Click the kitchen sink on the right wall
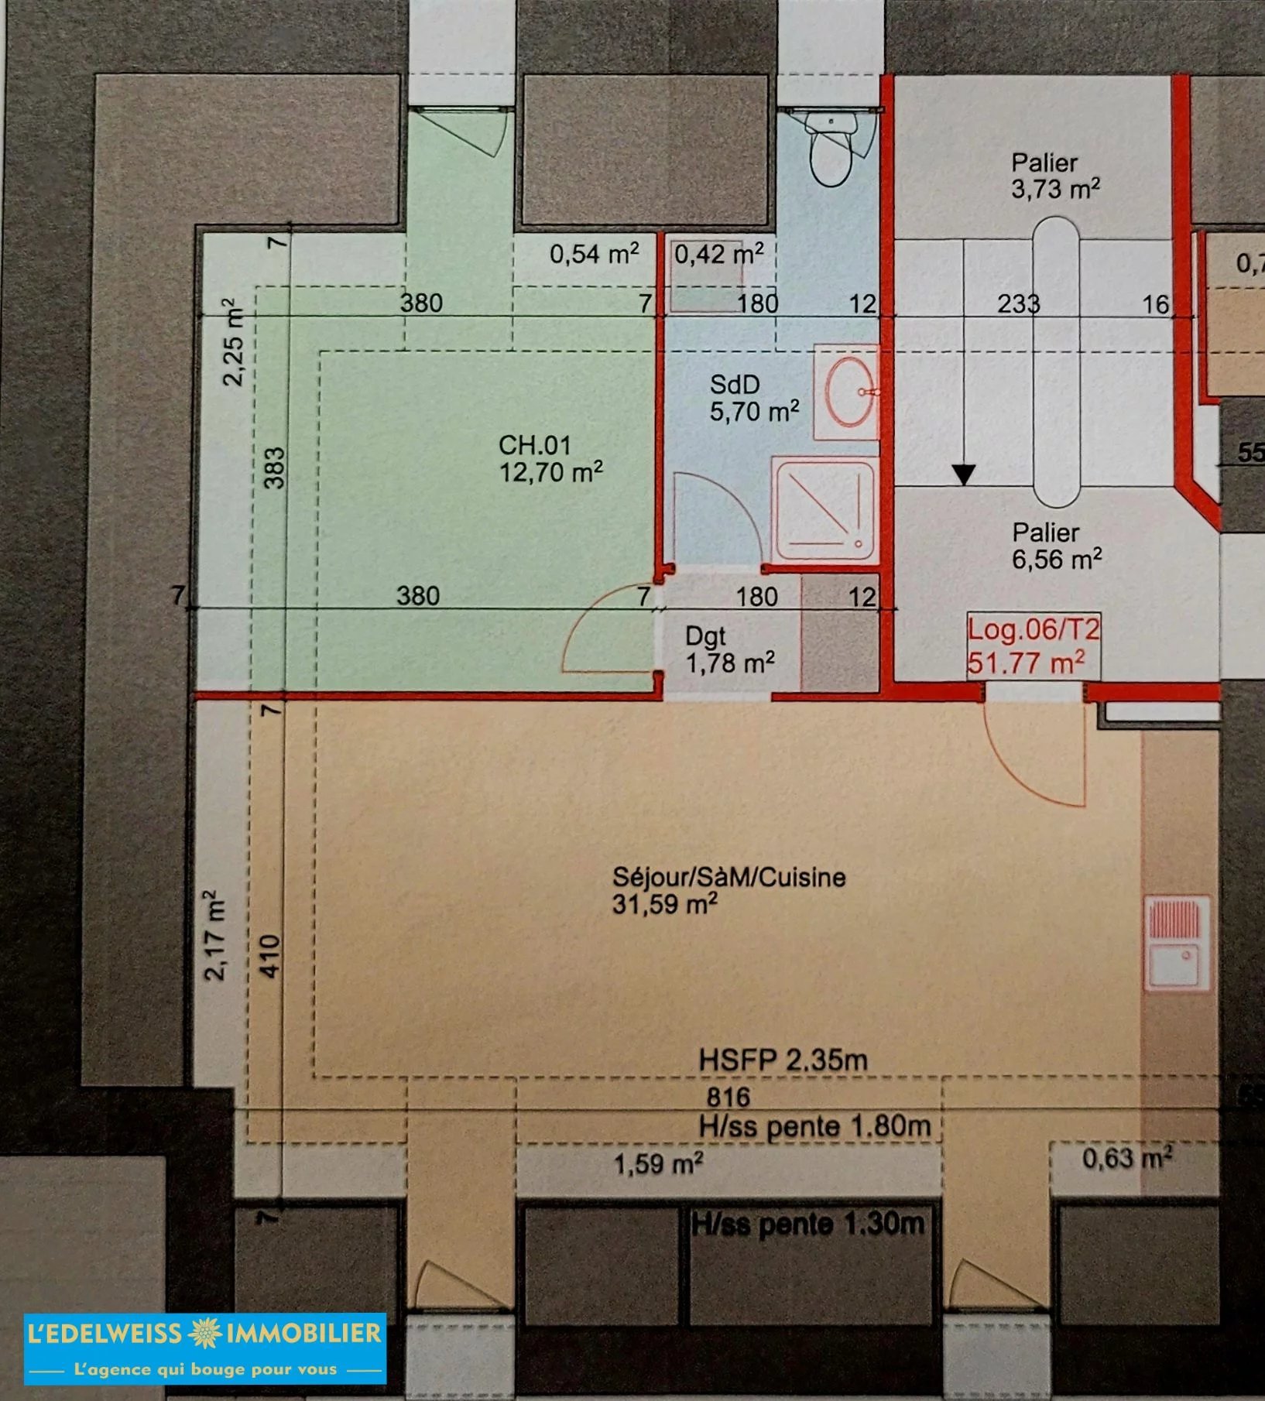[x=1177, y=944]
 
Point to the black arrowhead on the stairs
[x=964, y=474]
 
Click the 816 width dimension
[x=728, y=1097]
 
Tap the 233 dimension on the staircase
[x=1018, y=303]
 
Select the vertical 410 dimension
[x=269, y=956]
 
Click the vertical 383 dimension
[x=275, y=468]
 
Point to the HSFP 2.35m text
[x=783, y=1060]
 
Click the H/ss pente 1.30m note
[x=807, y=1224]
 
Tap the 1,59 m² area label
[x=658, y=1163]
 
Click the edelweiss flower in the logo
[x=204, y=1332]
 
